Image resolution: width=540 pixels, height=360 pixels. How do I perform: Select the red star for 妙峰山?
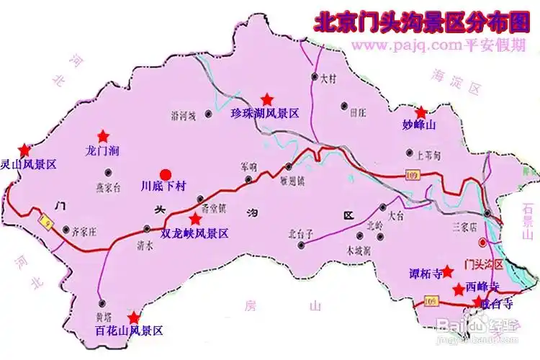coord(421,112)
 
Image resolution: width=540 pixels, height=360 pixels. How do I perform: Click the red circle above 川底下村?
coord(166,174)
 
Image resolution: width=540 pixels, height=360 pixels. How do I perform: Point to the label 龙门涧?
coord(102,151)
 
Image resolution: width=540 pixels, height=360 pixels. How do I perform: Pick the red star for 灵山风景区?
coord(25,150)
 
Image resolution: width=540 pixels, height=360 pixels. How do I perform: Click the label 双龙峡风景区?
coord(194,233)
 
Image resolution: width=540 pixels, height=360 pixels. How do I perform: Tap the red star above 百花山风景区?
coord(134,317)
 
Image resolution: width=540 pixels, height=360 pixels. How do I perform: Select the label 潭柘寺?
coord(418,272)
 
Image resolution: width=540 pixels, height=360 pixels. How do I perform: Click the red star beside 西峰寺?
coord(458,289)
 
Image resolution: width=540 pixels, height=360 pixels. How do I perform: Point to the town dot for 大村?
coord(315,76)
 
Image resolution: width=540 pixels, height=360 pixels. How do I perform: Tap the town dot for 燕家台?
coord(108,171)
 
